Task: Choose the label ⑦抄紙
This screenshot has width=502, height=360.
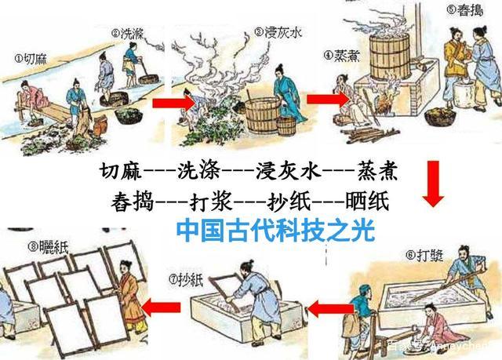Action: (187, 278)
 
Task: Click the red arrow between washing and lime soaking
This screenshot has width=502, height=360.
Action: (170, 103)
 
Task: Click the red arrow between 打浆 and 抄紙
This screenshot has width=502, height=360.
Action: (321, 309)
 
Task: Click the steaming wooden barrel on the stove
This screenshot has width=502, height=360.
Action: (385, 56)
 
